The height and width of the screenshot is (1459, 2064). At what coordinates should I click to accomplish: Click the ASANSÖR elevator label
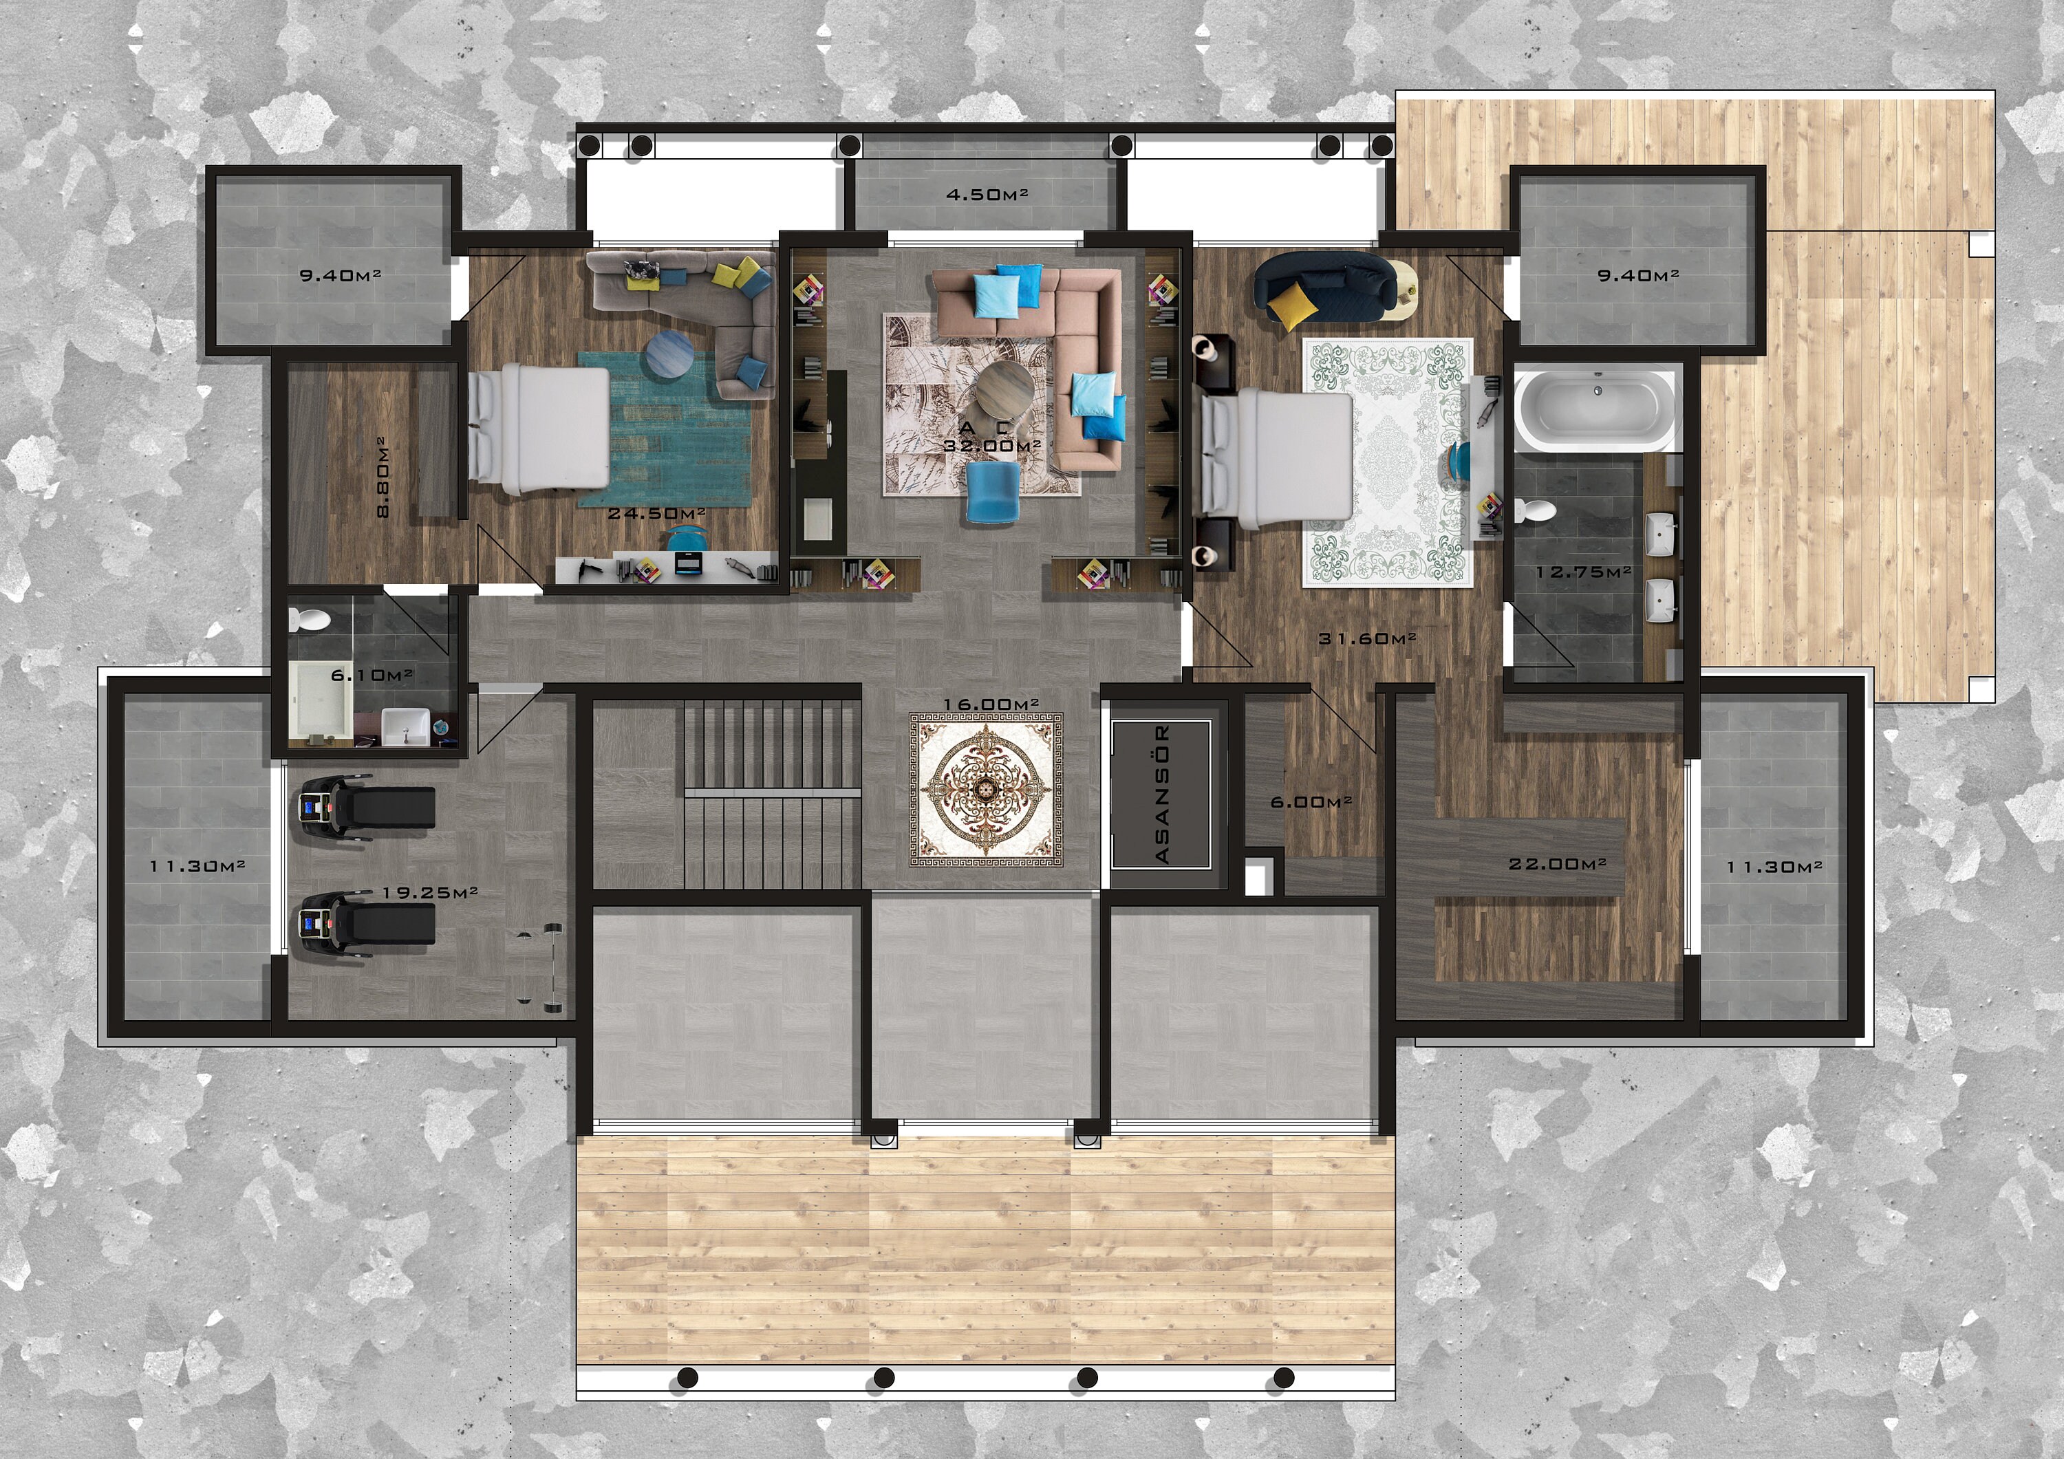[1161, 795]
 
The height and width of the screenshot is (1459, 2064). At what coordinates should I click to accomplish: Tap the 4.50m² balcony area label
[986, 194]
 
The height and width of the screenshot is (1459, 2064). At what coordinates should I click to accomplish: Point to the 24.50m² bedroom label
[656, 513]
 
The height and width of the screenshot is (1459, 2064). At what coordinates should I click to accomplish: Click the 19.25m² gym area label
[430, 893]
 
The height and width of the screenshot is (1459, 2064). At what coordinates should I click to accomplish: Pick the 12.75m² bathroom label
[1583, 571]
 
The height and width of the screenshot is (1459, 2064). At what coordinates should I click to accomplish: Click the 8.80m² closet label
[383, 477]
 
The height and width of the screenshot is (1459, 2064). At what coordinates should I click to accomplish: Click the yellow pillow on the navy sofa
[1292, 305]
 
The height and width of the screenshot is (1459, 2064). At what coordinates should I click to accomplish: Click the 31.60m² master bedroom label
[1367, 639]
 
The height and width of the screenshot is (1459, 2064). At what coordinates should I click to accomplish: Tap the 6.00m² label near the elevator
[1311, 801]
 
